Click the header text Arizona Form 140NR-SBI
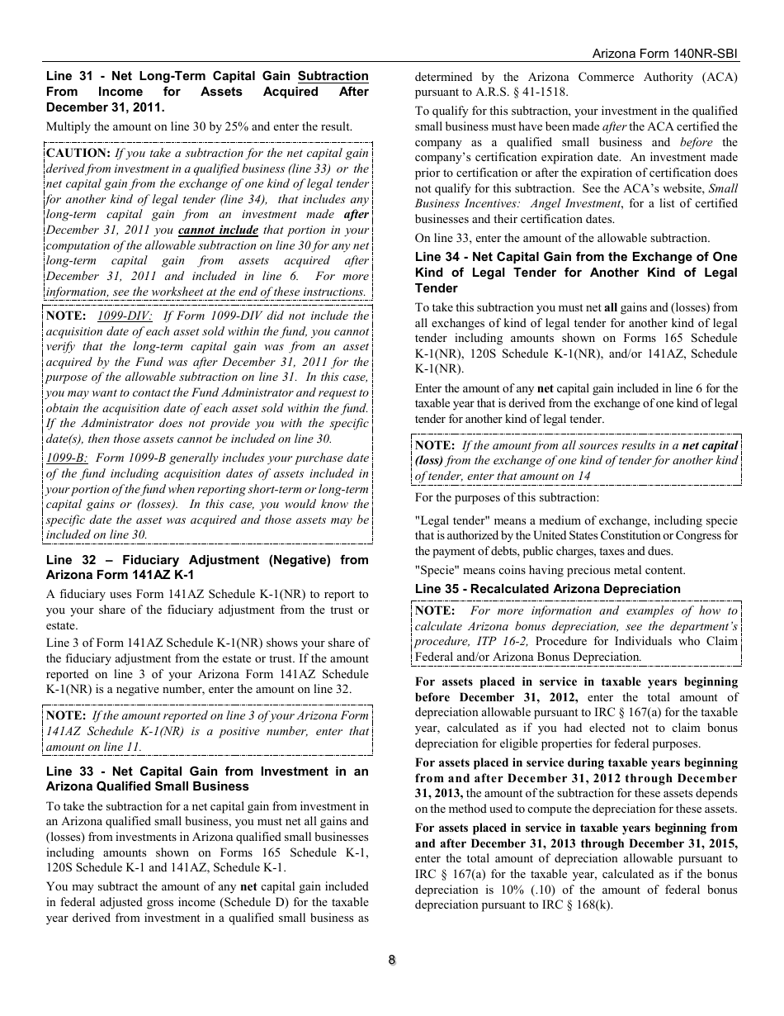[x=665, y=53]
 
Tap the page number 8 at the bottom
[x=392, y=960]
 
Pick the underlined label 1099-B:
[x=67, y=458]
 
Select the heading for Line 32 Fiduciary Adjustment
[x=207, y=567]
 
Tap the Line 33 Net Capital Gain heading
[x=207, y=778]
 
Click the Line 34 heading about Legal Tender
[x=575, y=273]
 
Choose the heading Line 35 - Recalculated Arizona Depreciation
[x=547, y=589]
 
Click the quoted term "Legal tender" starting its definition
[x=447, y=520]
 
